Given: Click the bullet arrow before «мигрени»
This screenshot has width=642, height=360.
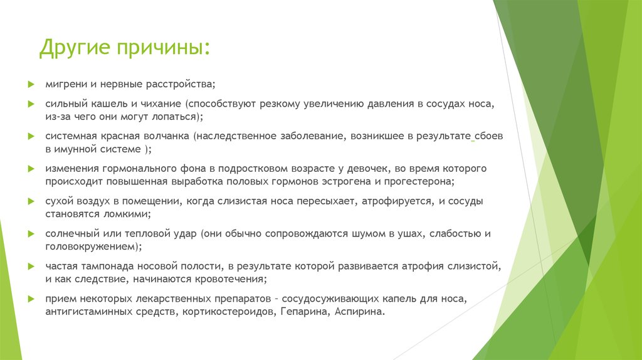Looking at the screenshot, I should point(31,83).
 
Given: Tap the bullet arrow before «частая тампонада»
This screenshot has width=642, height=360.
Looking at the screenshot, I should point(31,267).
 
